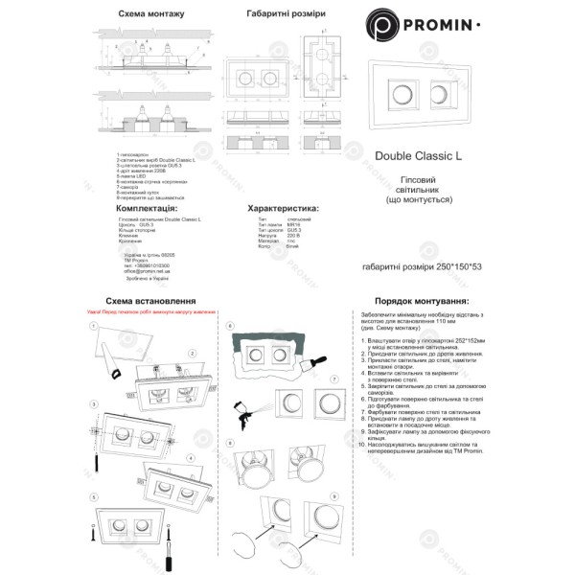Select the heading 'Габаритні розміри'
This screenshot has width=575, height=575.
click(285, 16)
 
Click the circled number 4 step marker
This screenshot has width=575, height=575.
click(192, 458)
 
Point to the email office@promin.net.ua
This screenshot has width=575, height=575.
click(147, 270)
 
